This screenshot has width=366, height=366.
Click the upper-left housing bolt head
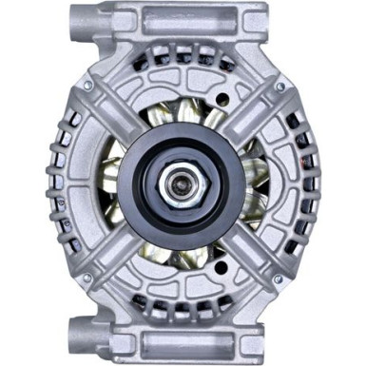coord(87,87)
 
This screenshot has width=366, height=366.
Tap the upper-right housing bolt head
coord(279,87)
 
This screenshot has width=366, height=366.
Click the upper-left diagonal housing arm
coord(112,112)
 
